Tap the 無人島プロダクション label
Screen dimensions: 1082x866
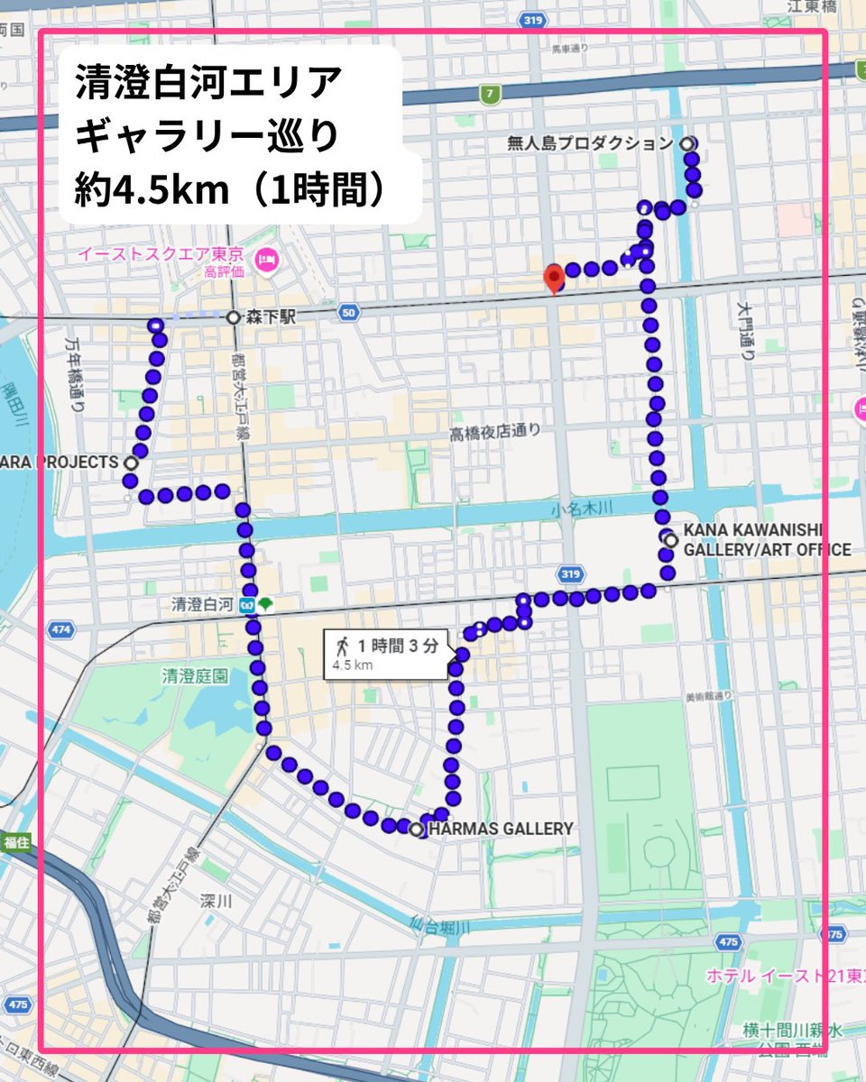point(591,143)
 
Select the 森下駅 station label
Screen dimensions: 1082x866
point(267,317)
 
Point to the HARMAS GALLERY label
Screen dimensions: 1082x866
point(501,829)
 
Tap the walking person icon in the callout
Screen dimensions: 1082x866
point(342,646)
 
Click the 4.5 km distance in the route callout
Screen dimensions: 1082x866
point(353,665)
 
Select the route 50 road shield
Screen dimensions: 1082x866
point(349,312)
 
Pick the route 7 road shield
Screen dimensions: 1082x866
point(489,92)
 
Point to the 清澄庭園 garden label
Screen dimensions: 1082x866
point(195,675)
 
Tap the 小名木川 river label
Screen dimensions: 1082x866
point(581,509)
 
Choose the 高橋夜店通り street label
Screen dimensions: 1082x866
point(495,432)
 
